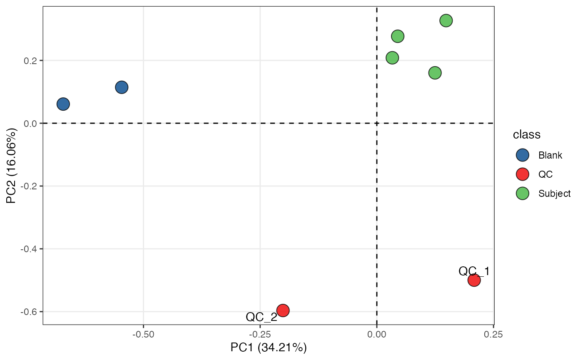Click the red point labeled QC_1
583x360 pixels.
(474, 280)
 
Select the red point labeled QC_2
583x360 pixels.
(283, 310)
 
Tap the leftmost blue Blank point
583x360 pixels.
(63, 104)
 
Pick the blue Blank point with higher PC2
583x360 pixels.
(121, 87)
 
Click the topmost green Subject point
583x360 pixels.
(446, 20)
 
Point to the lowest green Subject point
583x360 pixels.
(435, 73)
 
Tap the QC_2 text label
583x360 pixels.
(262, 317)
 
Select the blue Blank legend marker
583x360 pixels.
(522, 155)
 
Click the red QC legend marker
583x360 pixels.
(522, 174)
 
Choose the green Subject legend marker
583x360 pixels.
(522, 194)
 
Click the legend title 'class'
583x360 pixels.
(527, 135)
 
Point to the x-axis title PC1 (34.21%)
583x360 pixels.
(269, 348)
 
